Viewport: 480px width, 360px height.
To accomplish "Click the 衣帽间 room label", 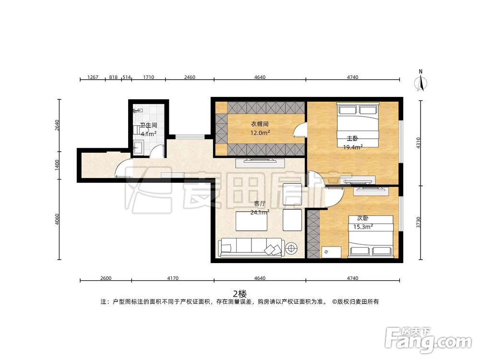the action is pyautogui.click(x=260, y=124).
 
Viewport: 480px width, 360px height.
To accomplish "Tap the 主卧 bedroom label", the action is pyautogui.click(x=352, y=138).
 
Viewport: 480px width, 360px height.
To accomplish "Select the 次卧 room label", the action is pyautogui.click(x=363, y=218).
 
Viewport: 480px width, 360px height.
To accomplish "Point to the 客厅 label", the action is pyautogui.click(x=260, y=204).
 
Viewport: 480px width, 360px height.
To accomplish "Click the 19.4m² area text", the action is pyautogui.click(x=353, y=147).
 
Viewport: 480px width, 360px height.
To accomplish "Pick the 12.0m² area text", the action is pyautogui.click(x=260, y=132).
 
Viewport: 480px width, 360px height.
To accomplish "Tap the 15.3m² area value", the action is pyautogui.click(x=363, y=227).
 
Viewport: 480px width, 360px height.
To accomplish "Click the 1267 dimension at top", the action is pyautogui.click(x=93, y=77).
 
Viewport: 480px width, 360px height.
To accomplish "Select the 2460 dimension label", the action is pyautogui.click(x=190, y=77).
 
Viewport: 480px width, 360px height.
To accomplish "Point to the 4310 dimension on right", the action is pyautogui.click(x=419, y=143).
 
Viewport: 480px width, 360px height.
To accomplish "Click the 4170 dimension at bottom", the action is pyautogui.click(x=173, y=278).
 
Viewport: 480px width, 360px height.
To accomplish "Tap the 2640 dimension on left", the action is pyautogui.click(x=57, y=125).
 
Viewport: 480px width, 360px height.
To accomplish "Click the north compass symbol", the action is pyautogui.click(x=421, y=81).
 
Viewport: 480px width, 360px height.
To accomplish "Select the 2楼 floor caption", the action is pyautogui.click(x=240, y=294).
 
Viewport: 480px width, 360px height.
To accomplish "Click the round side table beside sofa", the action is pyautogui.click(x=291, y=248).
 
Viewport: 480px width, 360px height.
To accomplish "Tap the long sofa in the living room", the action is pyautogui.click(x=250, y=248).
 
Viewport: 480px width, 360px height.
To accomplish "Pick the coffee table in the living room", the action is pyautogui.click(x=252, y=221).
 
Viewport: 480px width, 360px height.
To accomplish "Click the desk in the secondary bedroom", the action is pyautogui.click(x=331, y=252).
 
